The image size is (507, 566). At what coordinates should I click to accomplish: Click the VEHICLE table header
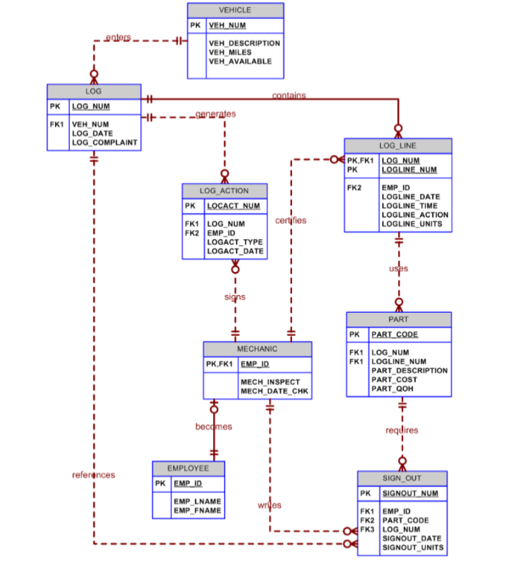click(235, 10)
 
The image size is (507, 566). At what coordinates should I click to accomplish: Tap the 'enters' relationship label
click(118, 38)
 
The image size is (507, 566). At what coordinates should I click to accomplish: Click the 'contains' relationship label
click(289, 96)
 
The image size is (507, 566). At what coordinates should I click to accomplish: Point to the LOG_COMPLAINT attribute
click(104, 143)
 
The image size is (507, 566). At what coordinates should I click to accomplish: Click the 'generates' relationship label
click(216, 114)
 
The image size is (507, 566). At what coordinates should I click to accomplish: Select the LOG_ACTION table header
click(224, 191)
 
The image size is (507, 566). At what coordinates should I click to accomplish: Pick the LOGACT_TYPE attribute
click(235, 242)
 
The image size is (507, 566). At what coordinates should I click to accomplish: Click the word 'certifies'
click(291, 220)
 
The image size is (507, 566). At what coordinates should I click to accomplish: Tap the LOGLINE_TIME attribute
click(409, 206)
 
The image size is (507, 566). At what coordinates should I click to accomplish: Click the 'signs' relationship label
click(235, 297)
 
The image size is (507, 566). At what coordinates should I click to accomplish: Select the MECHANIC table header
click(257, 348)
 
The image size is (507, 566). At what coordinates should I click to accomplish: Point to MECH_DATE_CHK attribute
click(271, 392)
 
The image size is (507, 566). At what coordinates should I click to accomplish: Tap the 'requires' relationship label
click(402, 430)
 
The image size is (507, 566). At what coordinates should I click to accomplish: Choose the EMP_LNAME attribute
click(198, 502)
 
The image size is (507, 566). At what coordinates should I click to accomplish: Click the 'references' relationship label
click(94, 475)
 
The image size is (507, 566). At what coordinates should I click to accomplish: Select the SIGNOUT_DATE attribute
click(412, 538)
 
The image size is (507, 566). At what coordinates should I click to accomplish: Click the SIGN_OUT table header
click(402, 478)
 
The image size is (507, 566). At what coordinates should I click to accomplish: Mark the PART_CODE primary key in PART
click(395, 335)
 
